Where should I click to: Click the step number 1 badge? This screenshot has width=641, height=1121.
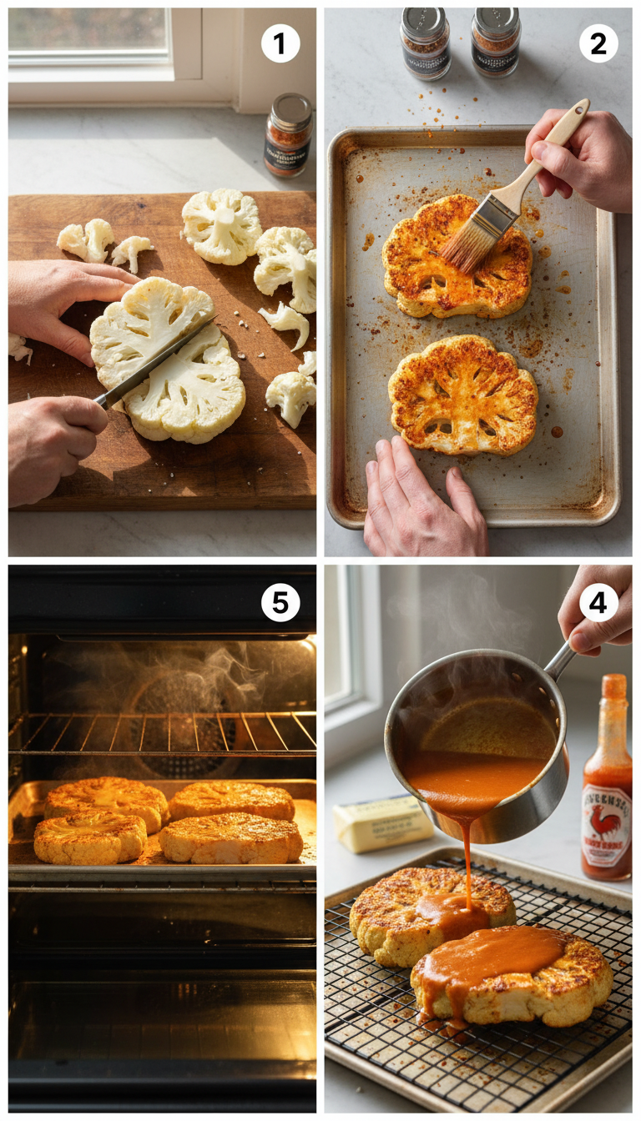coord(280,44)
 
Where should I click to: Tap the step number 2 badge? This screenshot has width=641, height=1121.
coord(598,44)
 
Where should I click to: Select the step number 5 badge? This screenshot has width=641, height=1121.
coord(280,601)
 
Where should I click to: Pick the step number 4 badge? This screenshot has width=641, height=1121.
coord(598,601)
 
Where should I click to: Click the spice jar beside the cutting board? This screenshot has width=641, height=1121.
coord(289,134)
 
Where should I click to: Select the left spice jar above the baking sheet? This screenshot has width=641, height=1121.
coord(425,43)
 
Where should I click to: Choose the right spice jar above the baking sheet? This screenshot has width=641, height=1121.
coord(496,43)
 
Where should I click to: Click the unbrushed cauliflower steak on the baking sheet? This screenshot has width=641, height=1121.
coord(462,395)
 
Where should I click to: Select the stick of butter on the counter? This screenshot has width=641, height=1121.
coord(382,824)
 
